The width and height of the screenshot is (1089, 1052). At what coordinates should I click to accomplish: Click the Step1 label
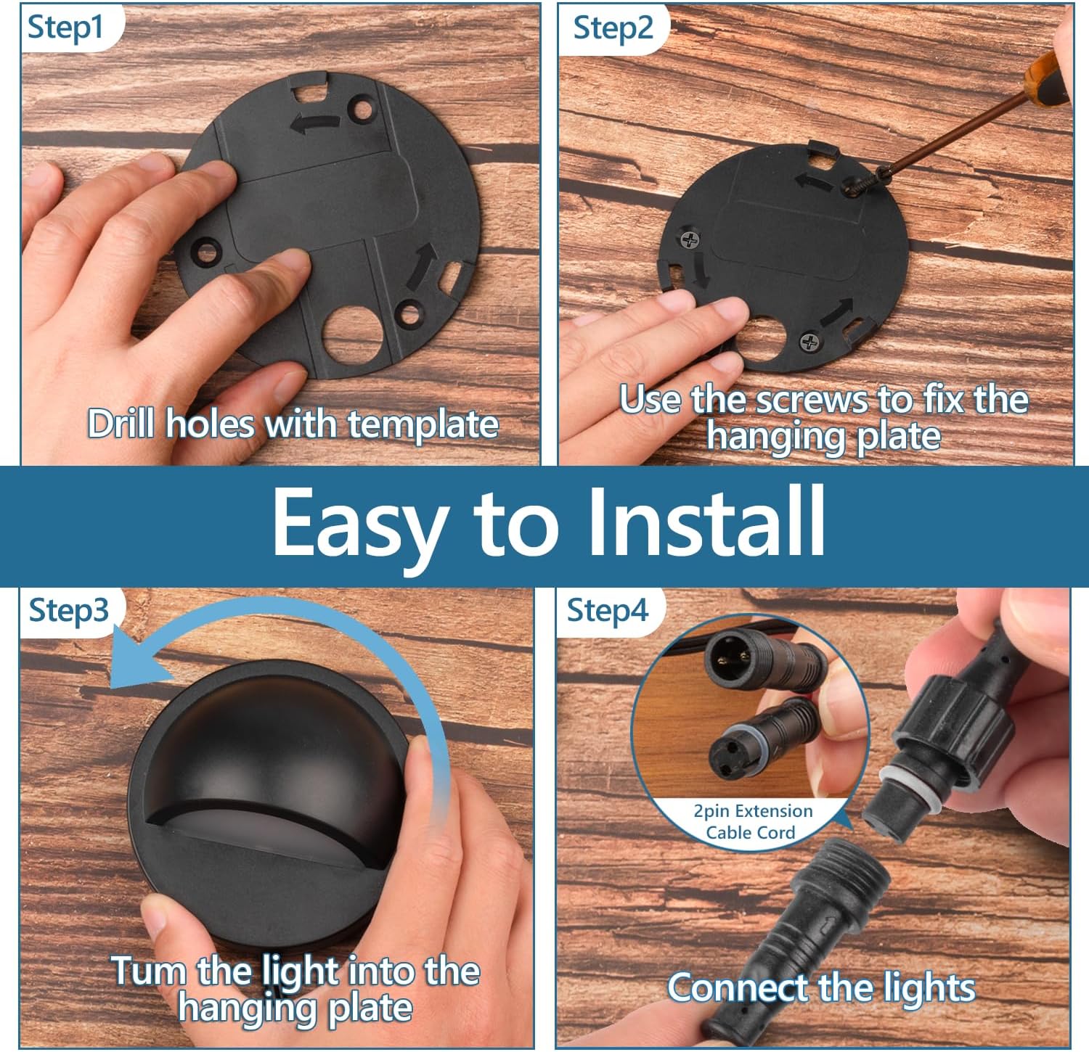(x=65, y=28)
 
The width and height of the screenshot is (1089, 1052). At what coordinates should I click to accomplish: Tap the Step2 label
(x=613, y=28)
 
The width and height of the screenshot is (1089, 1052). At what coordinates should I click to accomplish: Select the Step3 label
(x=68, y=611)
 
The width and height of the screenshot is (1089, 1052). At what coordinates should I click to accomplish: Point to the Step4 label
(x=607, y=611)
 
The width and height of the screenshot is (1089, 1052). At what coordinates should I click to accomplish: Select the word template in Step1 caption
(x=423, y=424)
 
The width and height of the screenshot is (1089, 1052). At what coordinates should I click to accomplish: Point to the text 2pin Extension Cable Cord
(x=752, y=821)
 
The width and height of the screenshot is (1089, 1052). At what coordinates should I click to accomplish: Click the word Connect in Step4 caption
(x=738, y=988)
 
